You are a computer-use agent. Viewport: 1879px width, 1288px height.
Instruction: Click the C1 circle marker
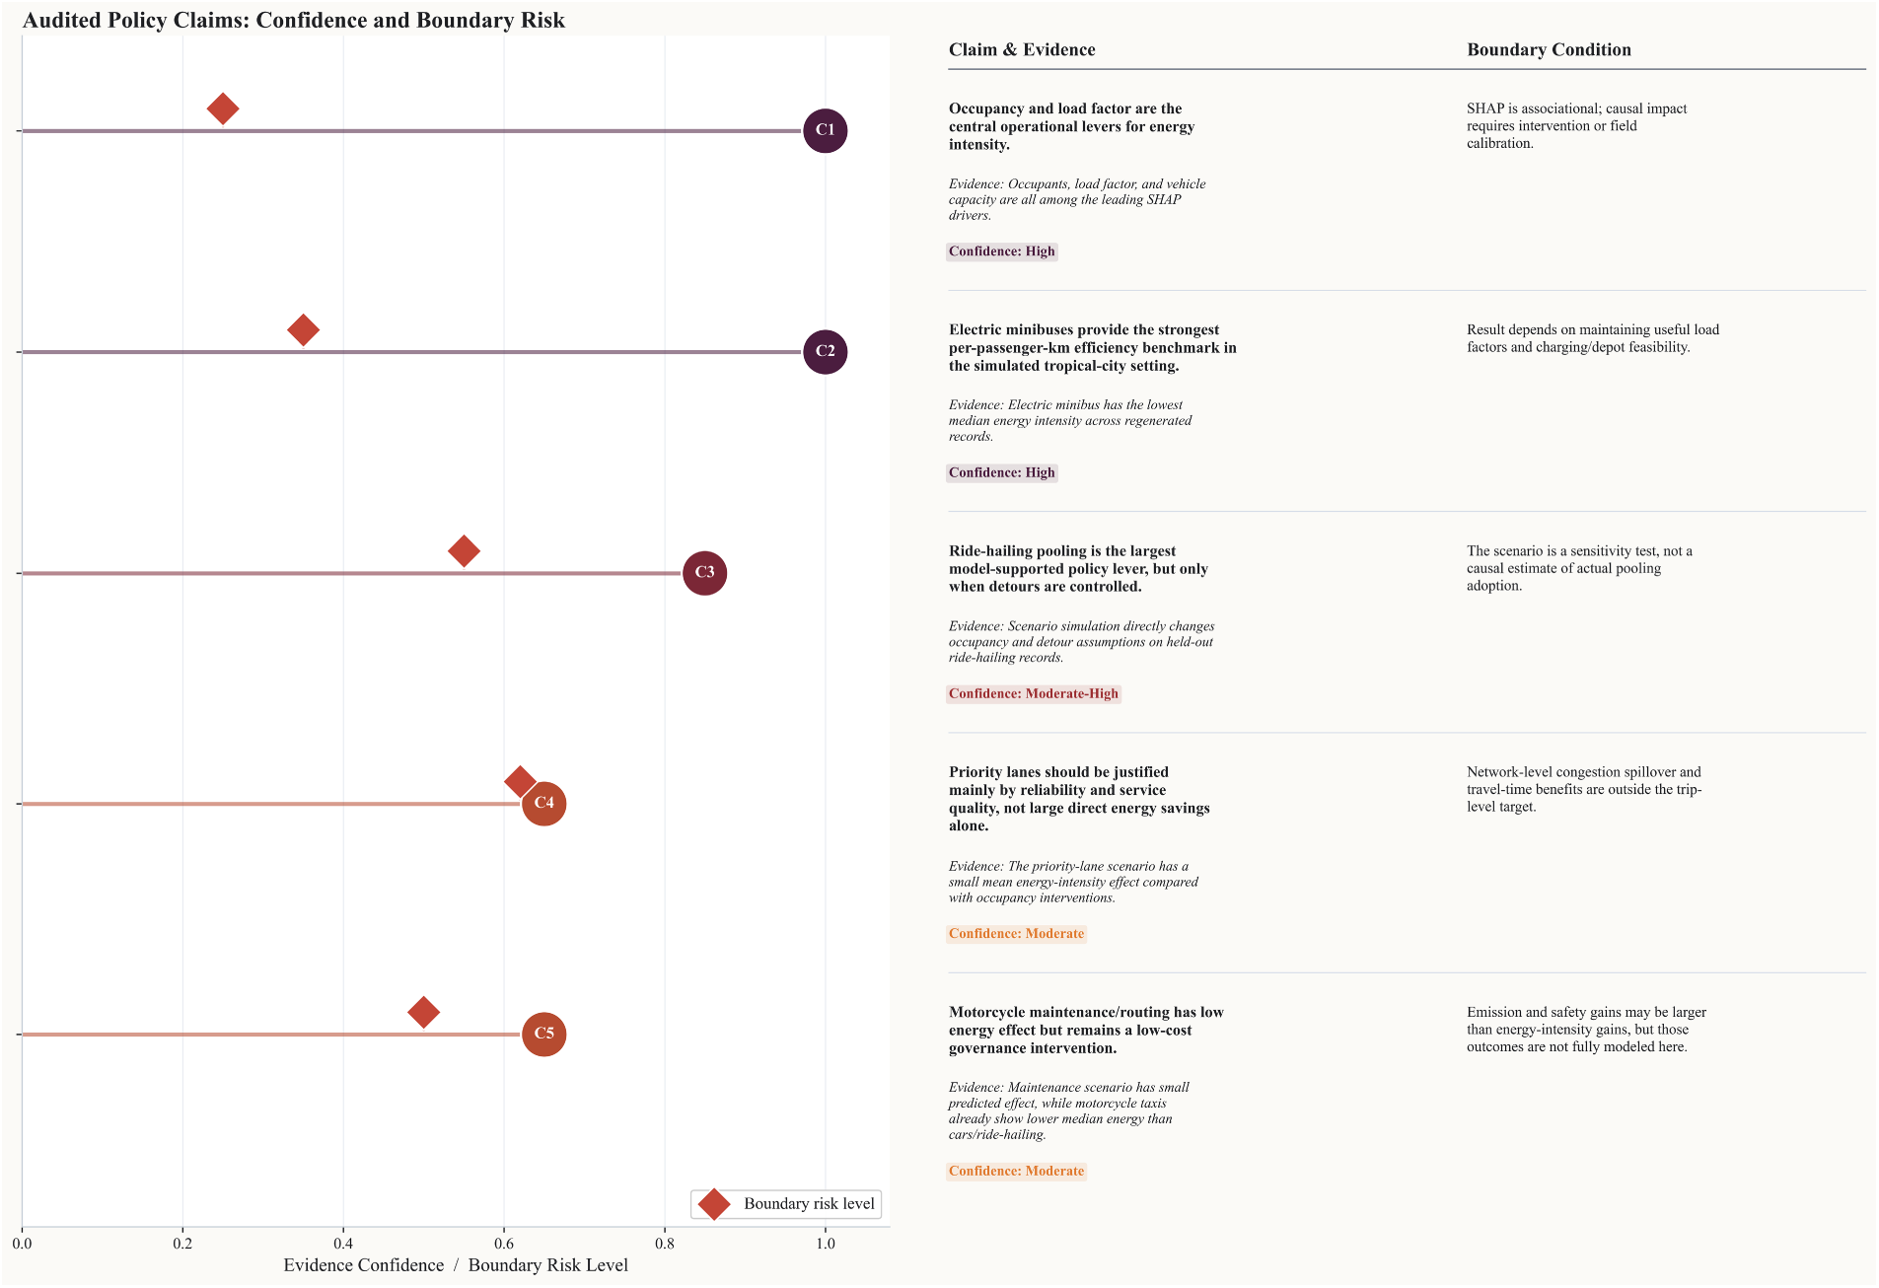click(825, 130)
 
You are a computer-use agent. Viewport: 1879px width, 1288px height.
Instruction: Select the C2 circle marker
click(825, 352)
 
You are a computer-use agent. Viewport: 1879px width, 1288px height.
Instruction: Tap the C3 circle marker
click(704, 573)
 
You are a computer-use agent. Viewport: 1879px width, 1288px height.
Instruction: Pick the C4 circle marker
click(543, 804)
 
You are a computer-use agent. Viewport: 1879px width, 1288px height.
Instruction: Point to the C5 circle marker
click(543, 1035)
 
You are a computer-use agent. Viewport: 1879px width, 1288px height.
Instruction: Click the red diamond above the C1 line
click(223, 108)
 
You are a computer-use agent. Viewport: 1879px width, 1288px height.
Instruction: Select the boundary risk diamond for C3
click(464, 551)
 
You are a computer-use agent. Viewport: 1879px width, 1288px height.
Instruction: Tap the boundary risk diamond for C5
click(423, 1012)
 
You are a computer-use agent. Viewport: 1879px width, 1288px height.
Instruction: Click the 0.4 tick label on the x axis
click(343, 1244)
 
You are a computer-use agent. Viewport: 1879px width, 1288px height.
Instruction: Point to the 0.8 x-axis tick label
click(665, 1244)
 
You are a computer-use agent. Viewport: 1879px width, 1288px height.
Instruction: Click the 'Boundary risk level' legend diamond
click(713, 1204)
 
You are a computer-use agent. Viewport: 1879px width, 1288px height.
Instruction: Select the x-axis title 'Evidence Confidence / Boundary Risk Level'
click(456, 1265)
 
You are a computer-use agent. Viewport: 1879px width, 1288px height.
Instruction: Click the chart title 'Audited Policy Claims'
click(294, 21)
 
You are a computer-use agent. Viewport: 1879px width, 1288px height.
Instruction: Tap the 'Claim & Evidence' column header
click(1022, 50)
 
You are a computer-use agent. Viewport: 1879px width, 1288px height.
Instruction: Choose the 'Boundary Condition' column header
click(1549, 50)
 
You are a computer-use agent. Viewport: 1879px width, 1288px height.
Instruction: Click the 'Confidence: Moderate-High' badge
click(1034, 694)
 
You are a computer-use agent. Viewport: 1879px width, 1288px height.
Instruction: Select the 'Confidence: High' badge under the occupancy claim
click(1002, 251)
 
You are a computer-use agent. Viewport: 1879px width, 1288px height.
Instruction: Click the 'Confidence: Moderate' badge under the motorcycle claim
click(1016, 1172)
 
